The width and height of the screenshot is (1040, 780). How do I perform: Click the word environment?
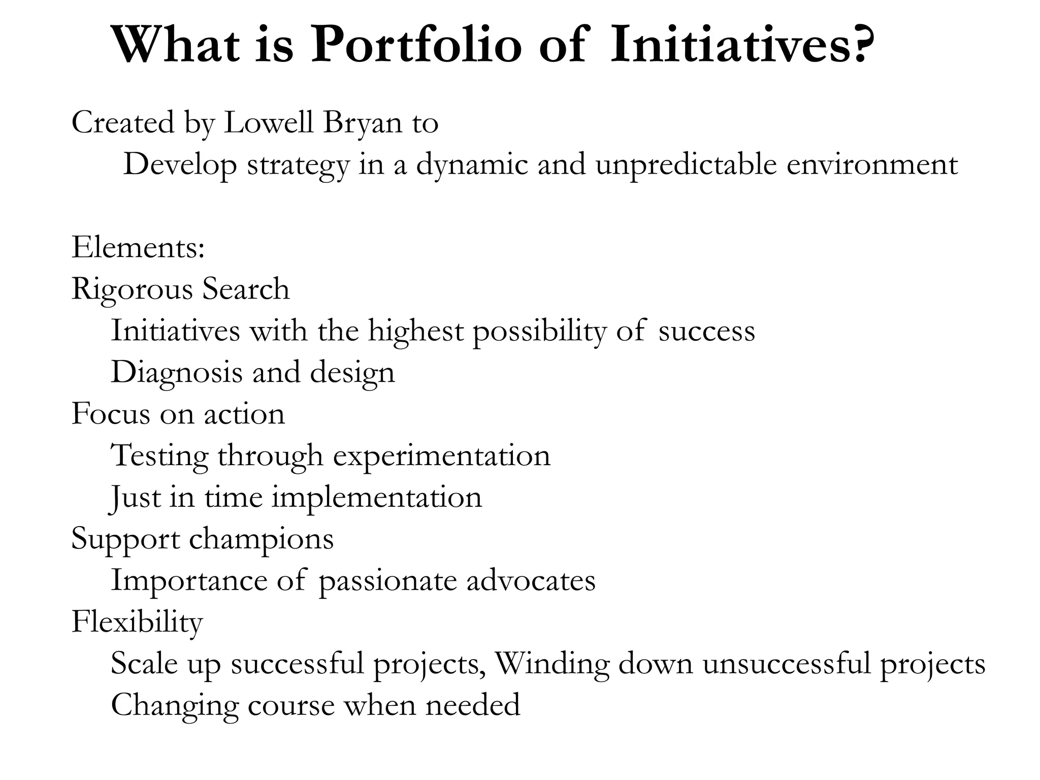point(872,165)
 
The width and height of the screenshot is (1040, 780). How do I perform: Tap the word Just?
point(135,498)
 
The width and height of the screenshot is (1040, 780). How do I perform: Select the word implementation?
point(376,498)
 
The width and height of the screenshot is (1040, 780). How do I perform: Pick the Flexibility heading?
point(137,623)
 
